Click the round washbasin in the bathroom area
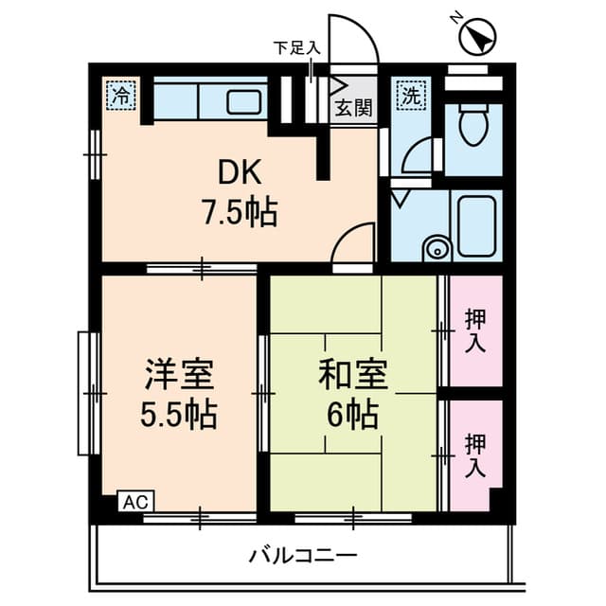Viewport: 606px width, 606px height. click(x=437, y=249)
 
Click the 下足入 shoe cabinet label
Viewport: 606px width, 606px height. click(x=297, y=46)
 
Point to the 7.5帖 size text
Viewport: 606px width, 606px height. click(x=238, y=212)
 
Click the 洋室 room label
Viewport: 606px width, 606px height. click(x=178, y=375)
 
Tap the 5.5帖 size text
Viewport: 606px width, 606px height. click(x=178, y=414)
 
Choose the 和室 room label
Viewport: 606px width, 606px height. click(x=353, y=375)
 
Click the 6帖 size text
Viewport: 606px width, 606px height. click(x=353, y=414)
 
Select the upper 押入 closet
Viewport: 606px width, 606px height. click(x=474, y=331)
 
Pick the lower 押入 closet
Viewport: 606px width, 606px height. click(x=474, y=455)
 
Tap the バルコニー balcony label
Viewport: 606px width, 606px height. click(x=303, y=554)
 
